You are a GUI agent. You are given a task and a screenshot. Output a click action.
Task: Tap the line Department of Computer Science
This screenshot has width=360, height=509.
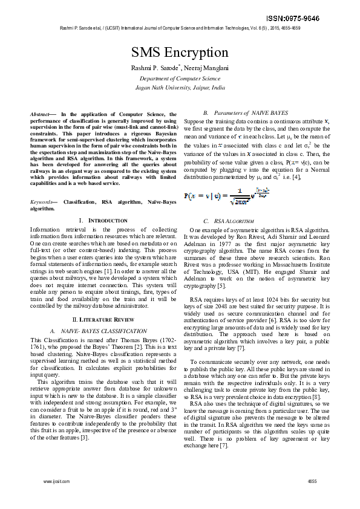point(180,79)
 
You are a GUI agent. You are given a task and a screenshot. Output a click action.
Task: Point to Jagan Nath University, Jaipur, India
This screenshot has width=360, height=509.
point(180,87)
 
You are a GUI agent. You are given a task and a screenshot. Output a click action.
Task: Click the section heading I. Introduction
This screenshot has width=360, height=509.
point(103,221)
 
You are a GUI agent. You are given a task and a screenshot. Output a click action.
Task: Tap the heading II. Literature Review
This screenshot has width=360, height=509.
point(103,319)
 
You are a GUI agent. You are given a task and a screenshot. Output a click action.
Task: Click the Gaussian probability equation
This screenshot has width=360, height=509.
point(229,195)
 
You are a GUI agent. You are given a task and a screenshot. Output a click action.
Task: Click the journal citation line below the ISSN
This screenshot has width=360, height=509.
point(180,28)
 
